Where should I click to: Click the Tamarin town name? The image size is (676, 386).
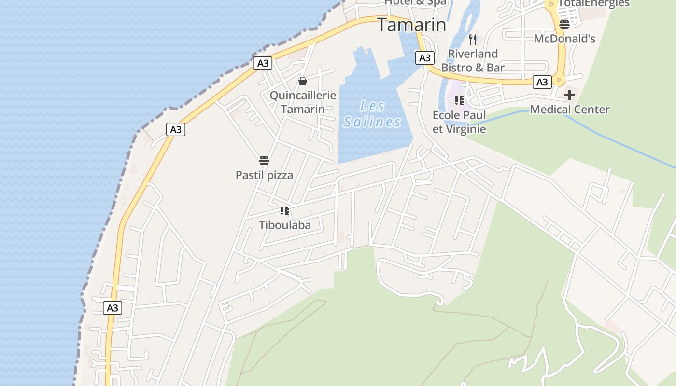(x=411, y=25)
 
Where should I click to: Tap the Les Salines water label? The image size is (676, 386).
(x=372, y=114)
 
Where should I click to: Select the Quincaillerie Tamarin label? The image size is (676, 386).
(x=303, y=102)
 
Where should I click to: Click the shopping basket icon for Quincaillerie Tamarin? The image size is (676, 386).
(x=303, y=81)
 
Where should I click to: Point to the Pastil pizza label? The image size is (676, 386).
(x=264, y=175)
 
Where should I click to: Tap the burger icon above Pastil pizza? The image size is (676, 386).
(x=264, y=160)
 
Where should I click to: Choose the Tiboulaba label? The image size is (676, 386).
(x=285, y=225)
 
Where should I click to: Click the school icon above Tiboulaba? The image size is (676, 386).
(x=285, y=210)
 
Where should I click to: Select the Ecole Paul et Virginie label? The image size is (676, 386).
(x=459, y=122)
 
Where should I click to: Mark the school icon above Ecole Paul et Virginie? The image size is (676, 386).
(x=459, y=100)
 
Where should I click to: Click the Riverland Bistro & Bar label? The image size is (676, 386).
(x=473, y=60)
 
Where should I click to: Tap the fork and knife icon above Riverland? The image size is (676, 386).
(x=473, y=39)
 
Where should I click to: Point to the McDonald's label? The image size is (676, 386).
(x=564, y=39)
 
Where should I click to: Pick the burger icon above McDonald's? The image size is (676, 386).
(x=564, y=24)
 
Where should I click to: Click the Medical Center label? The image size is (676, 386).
(x=570, y=110)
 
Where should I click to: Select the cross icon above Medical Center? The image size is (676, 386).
(x=570, y=95)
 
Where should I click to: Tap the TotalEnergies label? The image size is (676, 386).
(x=593, y=4)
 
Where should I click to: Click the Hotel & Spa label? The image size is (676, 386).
(x=416, y=3)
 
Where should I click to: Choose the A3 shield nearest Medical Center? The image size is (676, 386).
(x=542, y=82)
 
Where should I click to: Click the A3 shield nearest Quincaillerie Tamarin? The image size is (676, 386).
(x=263, y=63)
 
